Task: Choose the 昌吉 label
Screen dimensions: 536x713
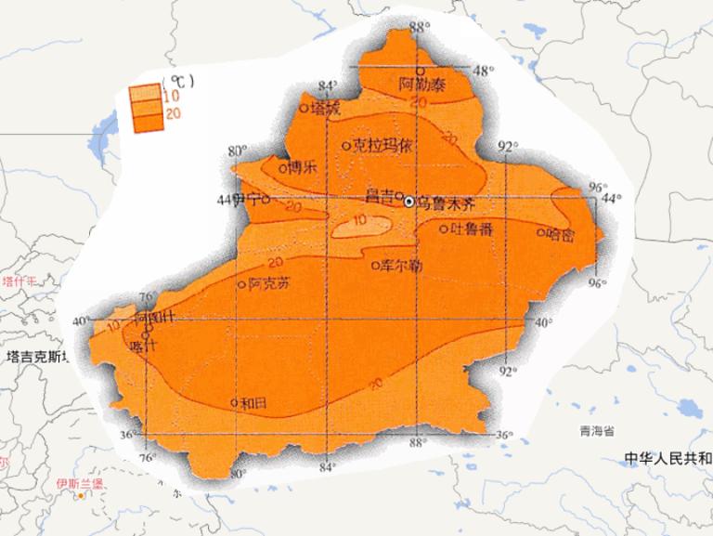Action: (379, 196)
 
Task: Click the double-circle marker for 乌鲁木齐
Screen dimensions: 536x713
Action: (408, 199)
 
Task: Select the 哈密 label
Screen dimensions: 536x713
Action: (561, 234)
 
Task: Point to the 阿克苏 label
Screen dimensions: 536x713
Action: (269, 285)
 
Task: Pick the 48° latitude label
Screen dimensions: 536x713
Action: (484, 71)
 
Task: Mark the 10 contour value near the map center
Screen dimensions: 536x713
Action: (358, 221)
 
